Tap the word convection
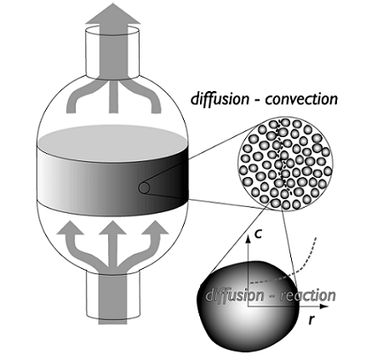(301, 100)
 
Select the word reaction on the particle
(308, 295)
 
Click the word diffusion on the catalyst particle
(235, 295)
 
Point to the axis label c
(258, 235)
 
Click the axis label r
(312, 320)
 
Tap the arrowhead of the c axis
(249, 238)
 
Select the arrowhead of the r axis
(324, 306)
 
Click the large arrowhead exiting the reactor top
(112, 14)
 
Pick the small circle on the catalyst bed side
(144, 188)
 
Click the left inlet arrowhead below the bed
(70, 228)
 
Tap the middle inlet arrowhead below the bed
(112, 228)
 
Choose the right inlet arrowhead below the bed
(155, 227)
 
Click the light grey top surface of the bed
(112, 143)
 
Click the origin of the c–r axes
(249, 306)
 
